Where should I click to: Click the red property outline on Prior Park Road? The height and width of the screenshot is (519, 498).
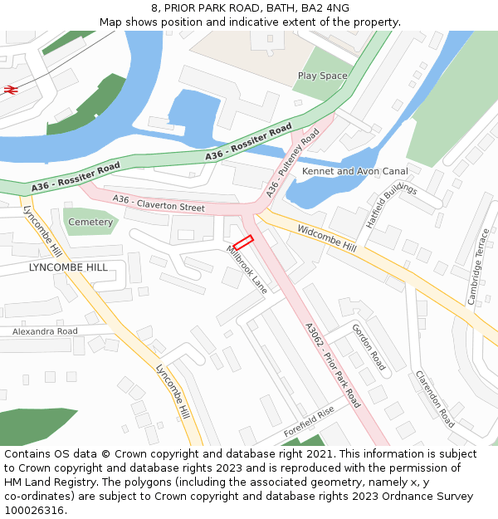(242, 242)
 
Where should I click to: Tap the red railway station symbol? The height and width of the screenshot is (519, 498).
(11, 89)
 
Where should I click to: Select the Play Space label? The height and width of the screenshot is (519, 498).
(323, 76)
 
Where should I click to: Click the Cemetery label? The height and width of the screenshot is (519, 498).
(90, 223)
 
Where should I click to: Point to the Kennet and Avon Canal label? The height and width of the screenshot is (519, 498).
(355, 171)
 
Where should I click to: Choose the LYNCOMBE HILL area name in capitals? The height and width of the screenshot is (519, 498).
(68, 267)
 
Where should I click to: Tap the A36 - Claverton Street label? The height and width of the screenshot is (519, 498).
(159, 203)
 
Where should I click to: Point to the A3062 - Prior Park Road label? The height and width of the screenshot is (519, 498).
(332, 365)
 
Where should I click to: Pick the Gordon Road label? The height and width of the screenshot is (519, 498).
(369, 347)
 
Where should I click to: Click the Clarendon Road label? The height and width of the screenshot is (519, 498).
(435, 399)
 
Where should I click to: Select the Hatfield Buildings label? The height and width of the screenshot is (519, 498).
(391, 207)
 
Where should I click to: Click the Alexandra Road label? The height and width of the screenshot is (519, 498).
(45, 331)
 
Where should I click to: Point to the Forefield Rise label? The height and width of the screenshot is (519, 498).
(308, 421)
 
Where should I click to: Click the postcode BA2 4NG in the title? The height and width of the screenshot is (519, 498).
(325, 7)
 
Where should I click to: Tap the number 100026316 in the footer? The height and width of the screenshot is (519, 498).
(33, 511)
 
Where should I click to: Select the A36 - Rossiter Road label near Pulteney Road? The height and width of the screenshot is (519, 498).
(248, 142)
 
